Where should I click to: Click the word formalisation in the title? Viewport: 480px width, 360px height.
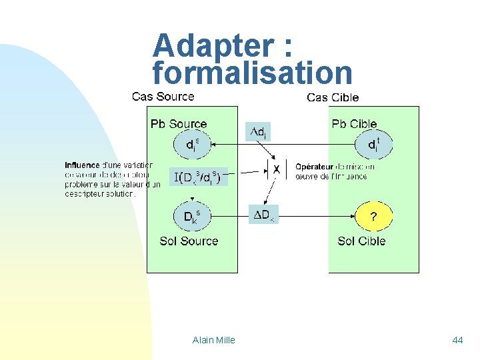(252, 72)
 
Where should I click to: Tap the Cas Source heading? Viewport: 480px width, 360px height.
(163, 97)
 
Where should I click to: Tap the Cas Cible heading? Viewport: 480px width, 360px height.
(333, 97)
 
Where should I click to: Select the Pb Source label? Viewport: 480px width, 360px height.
(179, 124)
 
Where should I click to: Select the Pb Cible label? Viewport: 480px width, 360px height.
(354, 124)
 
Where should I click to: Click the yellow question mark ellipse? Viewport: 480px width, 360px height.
(373, 216)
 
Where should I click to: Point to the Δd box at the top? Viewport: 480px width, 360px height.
(260, 132)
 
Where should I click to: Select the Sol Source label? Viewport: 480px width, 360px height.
(189, 241)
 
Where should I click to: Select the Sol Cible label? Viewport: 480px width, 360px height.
(361, 241)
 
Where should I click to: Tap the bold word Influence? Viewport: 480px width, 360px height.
(82, 165)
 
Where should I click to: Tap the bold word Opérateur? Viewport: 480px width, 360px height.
(315, 166)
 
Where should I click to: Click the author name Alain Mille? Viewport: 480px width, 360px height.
(213, 340)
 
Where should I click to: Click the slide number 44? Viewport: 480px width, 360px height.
(457, 340)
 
